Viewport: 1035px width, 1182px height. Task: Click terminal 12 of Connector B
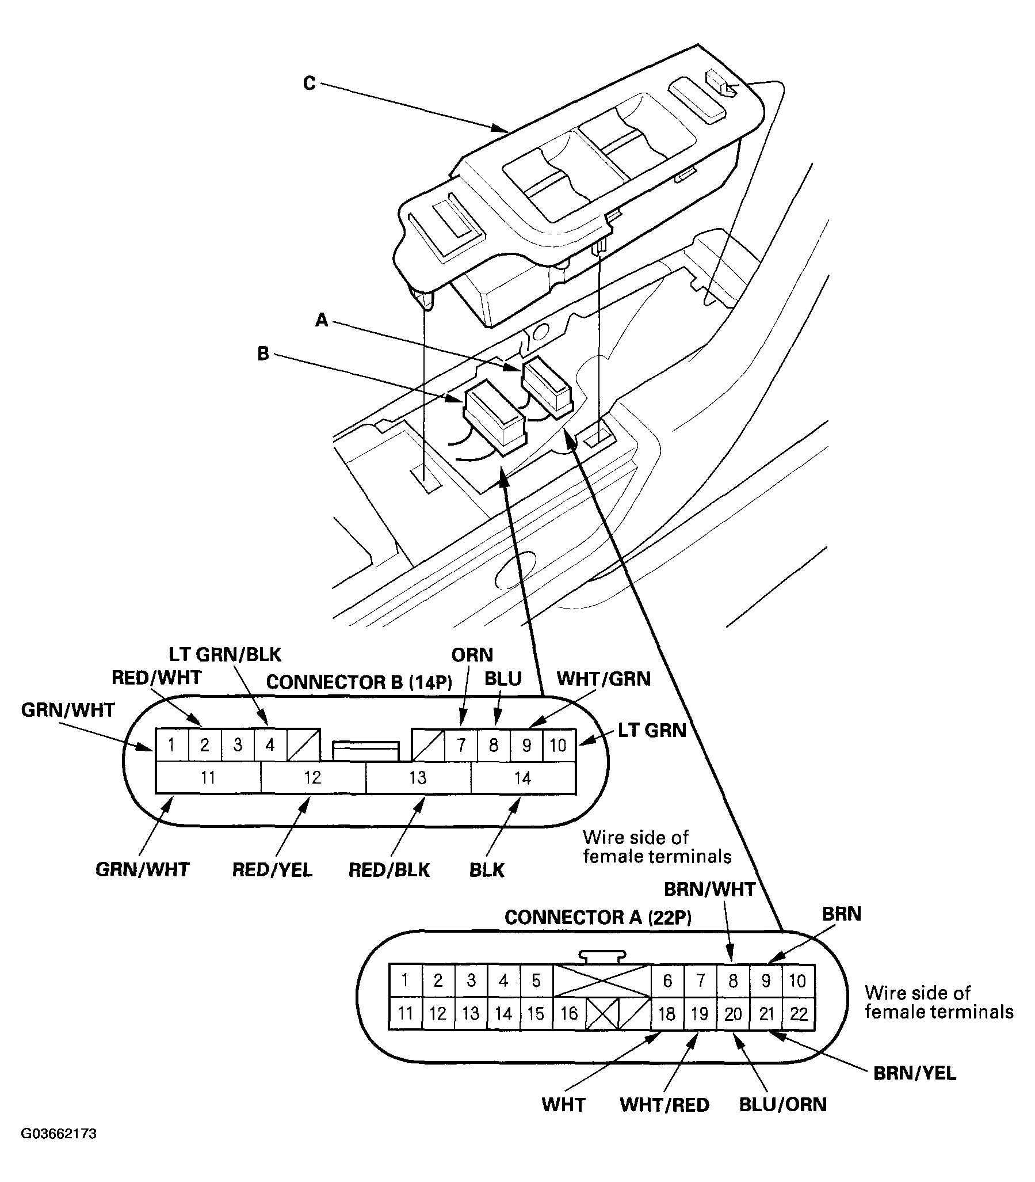pos(312,777)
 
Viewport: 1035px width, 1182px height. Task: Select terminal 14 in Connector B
pos(522,777)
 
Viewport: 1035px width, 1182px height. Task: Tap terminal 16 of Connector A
pos(569,1013)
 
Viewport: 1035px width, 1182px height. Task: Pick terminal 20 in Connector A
pos(733,1013)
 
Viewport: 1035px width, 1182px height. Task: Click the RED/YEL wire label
pos(272,870)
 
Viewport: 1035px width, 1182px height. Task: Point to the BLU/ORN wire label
pos(782,1104)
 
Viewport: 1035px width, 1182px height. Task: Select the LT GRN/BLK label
pos(225,654)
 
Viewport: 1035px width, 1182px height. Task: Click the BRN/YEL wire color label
pos(914,1073)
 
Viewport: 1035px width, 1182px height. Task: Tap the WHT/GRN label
pos(604,679)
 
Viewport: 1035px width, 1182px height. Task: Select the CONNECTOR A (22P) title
pos(598,917)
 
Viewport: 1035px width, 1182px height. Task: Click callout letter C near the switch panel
pos(310,84)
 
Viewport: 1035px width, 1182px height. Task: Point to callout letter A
pos(322,320)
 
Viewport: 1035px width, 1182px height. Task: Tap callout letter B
pos(263,354)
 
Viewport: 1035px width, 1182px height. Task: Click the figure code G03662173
pos(59,1134)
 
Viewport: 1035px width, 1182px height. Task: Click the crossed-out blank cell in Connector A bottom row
pos(602,1013)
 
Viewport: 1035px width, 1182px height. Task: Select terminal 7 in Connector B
pos(461,745)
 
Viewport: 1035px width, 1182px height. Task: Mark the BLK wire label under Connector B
pos(487,870)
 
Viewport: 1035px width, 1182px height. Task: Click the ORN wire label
pos(472,655)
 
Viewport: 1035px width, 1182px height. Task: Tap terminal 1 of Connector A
pos(405,980)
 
